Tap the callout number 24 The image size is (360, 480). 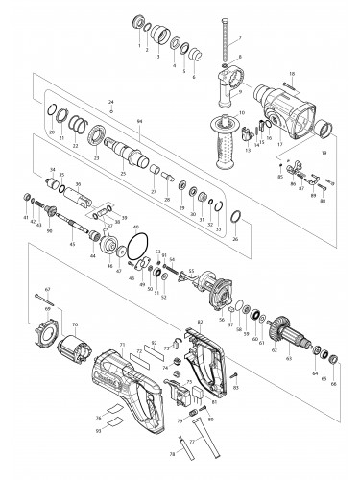click(x=111, y=101)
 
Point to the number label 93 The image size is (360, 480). click(x=98, y=430)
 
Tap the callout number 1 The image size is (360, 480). click(x=138, y=45)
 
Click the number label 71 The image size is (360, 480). click(x=122, y=344)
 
